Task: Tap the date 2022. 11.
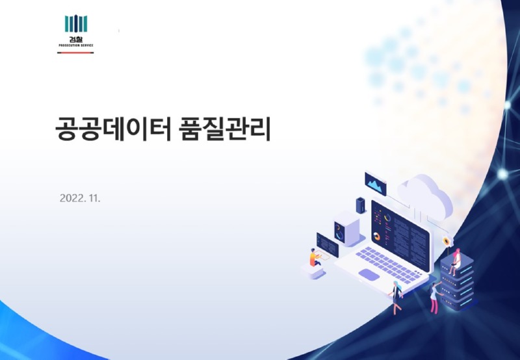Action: [x=80, y=198]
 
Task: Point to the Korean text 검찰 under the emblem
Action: [x=76, y=39]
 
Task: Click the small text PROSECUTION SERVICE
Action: [x=76, y=45]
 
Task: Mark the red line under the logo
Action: [x=76, y=52]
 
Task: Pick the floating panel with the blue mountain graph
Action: [x=376, y=185]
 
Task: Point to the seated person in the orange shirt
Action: [x=315, y=259]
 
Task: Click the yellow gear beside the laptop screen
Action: [x=447, y=242]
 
